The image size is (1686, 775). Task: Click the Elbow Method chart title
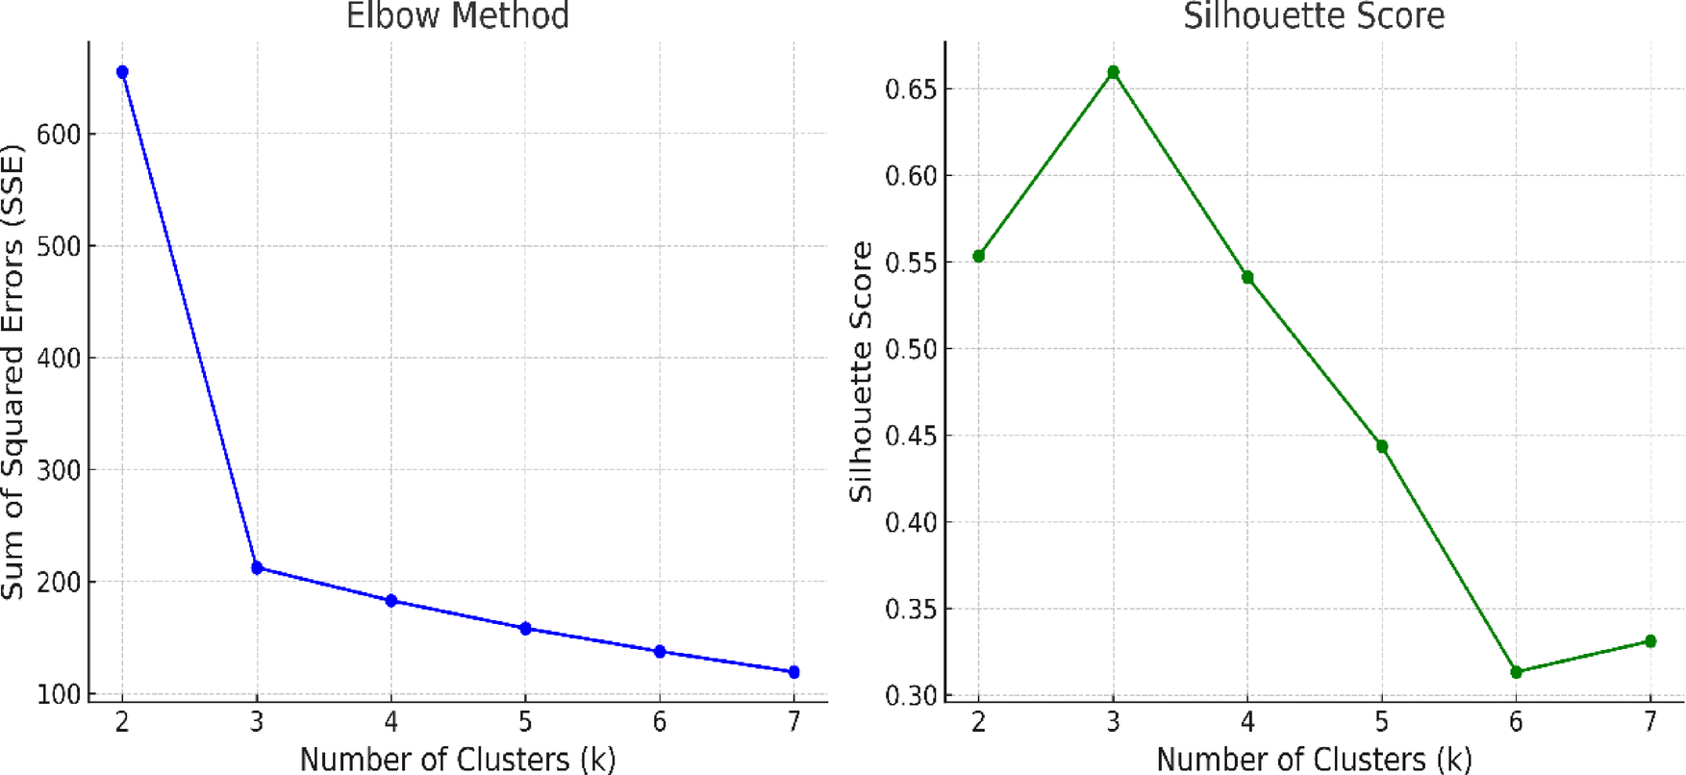pos(457,16)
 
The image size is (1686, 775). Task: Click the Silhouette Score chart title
pos(1314,16)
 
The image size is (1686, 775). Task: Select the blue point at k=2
pos(122,72)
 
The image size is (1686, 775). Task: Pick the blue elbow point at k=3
pos(257,568)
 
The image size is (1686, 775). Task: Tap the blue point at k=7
pos(793,672)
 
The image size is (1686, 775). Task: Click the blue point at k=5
pos(525,629)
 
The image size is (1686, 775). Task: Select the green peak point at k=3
pos(1113,72)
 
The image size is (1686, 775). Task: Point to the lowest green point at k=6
pos(1516,672)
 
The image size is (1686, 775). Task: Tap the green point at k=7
pos(1650,641)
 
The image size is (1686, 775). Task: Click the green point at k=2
pos(979,256)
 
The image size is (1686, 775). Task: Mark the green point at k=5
pos(1382,446)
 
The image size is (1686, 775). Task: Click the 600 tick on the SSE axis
pos(58,135)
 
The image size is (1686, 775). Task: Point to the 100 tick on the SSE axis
pos(58,694)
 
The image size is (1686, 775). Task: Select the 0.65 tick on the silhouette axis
pos(910,89)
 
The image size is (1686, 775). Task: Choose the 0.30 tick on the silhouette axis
pos(910,695)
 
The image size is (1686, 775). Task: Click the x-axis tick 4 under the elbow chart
pos(390,722)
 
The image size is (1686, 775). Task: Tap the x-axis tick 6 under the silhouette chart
pos(1516,722)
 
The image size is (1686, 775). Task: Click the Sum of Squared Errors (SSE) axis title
pos(13,372)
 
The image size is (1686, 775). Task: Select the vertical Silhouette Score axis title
pos(861,372)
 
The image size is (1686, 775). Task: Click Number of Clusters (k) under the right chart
pos(1314,759)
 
